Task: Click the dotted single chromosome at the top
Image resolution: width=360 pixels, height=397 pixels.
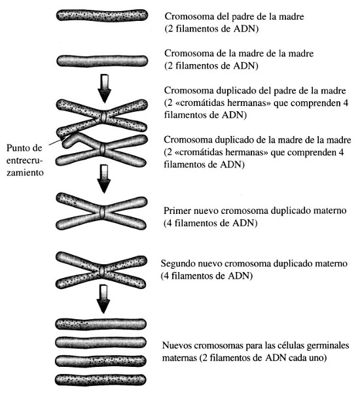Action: point(102,16)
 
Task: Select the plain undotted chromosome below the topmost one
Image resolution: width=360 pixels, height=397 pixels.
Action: point(102,61)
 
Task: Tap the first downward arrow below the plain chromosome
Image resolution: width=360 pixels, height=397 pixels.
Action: point(104,88)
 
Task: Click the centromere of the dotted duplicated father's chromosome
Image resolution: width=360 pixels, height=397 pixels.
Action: point(103,117)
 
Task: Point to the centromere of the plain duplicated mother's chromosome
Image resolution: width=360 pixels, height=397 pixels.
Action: point(102,149)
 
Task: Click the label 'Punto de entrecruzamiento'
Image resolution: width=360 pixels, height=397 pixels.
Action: point(25,160)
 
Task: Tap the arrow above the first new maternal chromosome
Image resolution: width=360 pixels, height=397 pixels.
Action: point(104,179)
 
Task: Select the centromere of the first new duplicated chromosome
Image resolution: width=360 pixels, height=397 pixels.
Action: point(102,212)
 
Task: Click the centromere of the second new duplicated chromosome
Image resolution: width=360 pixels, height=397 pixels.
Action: point(102,271)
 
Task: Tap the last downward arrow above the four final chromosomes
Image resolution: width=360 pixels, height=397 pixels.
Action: point(103,299)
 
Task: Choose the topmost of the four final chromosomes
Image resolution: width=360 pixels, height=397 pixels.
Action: point(101,324)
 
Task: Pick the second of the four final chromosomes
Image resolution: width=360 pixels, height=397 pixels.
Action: point(101,343)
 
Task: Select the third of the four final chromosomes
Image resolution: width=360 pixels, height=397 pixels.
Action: point(101,361)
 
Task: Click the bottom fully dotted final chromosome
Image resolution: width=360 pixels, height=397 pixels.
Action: point(101,380)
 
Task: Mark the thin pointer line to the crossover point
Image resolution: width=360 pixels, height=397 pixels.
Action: point(56,141)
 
